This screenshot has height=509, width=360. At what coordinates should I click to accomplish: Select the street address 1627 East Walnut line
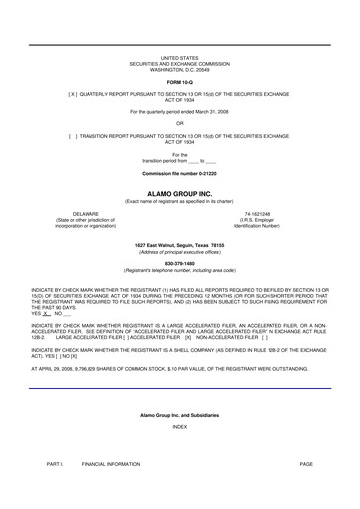click(179, 244)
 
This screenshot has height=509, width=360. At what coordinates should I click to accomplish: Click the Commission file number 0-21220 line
click(179, 173)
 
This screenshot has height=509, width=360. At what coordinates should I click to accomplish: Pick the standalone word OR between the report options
click(179, 123)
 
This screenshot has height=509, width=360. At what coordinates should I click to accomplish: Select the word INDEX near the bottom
click(179, 426)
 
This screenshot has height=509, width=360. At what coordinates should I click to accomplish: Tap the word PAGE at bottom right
click(305, 464)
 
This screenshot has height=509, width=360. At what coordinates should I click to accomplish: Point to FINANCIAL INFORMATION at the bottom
click(111, 464)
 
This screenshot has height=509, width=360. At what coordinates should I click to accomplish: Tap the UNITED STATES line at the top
click(179, 60)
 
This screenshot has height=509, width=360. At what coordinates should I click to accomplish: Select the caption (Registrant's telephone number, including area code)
click(179, 270)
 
